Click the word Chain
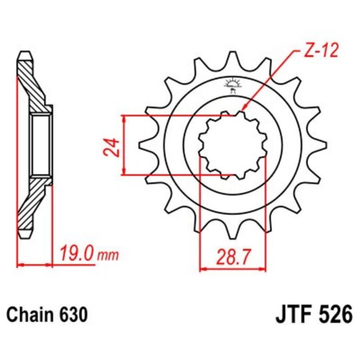click(32, 313)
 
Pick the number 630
click(73, 313)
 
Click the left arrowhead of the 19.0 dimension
click(19, 265)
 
